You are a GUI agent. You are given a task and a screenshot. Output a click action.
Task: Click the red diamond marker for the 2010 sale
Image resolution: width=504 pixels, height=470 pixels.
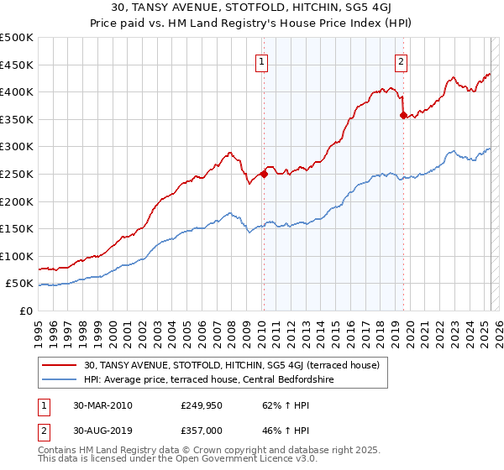click(264, 175)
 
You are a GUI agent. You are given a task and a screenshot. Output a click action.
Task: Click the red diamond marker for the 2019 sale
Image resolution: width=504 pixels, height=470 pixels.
click(404, 116)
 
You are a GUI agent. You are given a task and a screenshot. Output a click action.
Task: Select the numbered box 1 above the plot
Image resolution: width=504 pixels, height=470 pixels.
click(262, 61)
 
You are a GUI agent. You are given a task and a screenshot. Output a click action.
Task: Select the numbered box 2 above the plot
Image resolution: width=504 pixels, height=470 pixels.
click(402, 61)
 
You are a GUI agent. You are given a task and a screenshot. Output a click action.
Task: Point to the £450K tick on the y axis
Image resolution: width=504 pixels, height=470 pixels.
click(17, 65)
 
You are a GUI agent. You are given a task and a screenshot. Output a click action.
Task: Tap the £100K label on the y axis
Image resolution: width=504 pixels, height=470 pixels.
click(17, 256)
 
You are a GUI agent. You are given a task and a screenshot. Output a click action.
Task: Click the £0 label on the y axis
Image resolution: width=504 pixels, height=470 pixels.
click(26, 311)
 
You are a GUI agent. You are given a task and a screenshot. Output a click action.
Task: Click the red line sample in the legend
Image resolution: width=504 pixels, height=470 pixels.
click(59, 365)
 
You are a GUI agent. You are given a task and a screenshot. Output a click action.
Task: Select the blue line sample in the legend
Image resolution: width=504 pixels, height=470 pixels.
click(59, 379)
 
